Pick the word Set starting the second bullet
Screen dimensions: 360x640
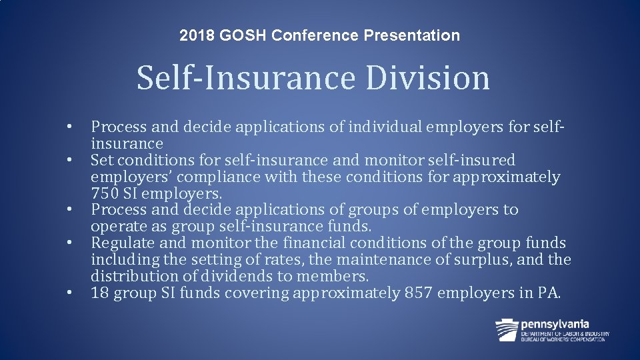(x=101, y=160)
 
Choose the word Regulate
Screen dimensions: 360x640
(x=121, y=243)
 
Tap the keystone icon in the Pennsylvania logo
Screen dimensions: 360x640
(x=507, y=329)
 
